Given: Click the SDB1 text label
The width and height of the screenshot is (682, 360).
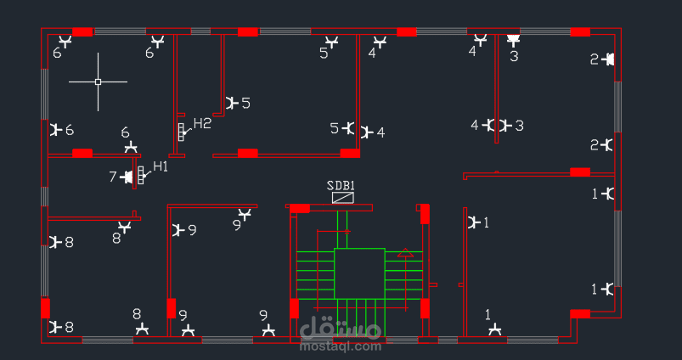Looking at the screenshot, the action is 341,186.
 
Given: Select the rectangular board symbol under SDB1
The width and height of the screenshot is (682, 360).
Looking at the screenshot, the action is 343,198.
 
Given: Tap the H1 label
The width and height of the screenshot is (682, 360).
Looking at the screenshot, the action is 160,166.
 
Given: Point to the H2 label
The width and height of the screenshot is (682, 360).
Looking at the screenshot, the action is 202,123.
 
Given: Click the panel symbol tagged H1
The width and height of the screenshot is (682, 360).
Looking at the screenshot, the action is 140,175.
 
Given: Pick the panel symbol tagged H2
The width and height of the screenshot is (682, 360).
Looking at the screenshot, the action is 181,132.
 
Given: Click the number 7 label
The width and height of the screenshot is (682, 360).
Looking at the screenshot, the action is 113,177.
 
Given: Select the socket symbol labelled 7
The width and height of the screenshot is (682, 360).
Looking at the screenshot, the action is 127,177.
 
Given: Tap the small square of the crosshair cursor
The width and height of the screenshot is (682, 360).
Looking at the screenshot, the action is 98,82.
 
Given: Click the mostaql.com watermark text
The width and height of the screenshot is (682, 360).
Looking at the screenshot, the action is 341,346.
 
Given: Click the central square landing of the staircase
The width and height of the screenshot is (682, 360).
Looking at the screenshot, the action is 360,273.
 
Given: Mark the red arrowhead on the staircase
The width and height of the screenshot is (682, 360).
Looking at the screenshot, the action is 405,253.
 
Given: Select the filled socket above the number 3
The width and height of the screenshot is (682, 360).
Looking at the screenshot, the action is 513,42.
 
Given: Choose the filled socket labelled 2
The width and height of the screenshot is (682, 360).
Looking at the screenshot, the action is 609,59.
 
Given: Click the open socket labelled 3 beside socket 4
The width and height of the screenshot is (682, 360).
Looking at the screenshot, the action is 504,126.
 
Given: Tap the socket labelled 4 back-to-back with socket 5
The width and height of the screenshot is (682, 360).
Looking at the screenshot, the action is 366,132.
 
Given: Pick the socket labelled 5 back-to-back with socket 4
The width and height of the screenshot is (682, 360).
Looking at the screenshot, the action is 349,128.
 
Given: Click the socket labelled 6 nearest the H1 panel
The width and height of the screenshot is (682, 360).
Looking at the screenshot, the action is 131,147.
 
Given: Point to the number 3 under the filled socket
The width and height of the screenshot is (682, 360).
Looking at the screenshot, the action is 514,56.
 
